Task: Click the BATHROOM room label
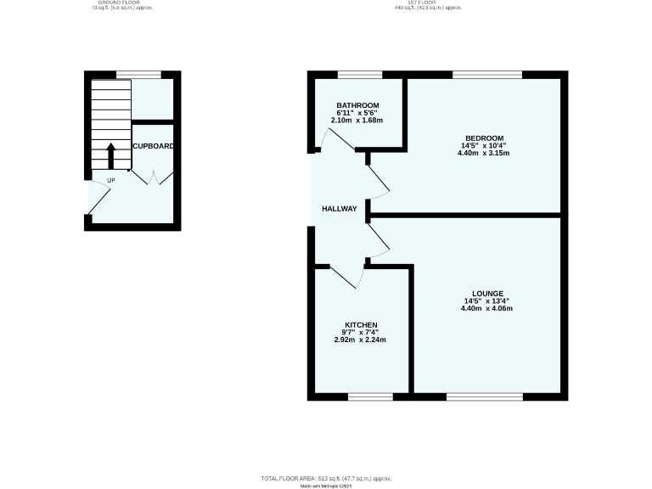click(x=351, y=105)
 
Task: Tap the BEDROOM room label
click(x=484, y=138)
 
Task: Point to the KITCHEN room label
click(x=359, y=324)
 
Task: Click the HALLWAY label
click(x=340, y=208)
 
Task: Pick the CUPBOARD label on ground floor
click(x=154, y=146)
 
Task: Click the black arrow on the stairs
click(x=111, y=156)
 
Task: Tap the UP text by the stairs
click(x=110, y=180)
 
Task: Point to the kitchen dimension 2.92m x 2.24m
click(x=359, y=340)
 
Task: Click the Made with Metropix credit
click(x=326, y=486)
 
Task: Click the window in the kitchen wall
click(x=370, y=396)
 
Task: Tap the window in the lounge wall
click(x=484, y=396)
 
